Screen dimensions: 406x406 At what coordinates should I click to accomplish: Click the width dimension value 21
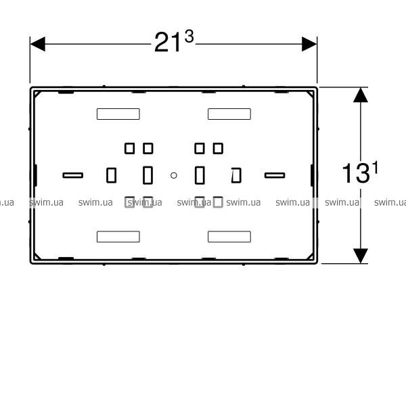coord(167,43)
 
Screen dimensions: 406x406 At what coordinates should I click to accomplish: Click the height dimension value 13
coord(355,173)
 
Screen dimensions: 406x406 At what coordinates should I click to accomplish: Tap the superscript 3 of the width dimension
coord(189,37)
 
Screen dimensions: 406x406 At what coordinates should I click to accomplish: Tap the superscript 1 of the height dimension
coord(376,167)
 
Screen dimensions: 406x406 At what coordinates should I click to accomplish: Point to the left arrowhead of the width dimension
coord(37,44)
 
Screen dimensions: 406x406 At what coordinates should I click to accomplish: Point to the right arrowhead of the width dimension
coord(309,44)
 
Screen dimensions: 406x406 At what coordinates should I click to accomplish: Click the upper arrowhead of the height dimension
coord(361,95)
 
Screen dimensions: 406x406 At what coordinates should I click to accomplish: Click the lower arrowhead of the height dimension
coord(361,256)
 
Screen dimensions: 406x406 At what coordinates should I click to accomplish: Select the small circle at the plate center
coord(174,175)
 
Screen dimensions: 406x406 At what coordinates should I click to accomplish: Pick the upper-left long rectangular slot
coord(118,114)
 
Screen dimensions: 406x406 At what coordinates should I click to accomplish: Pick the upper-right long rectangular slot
coord(229,114)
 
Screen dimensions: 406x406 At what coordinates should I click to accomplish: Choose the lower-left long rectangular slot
coord(118,237)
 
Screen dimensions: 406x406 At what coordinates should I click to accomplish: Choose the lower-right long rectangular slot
coord(229,237)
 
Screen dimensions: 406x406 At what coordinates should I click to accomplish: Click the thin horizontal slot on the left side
coord(73,175)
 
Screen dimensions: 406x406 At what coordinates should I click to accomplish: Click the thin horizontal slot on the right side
coord(275,175)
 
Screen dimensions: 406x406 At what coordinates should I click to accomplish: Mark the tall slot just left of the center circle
coord(148,175)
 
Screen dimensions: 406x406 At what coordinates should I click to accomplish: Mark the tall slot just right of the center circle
coord(200,175)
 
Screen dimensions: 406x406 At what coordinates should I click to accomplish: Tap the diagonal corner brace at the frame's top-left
coord(37,94)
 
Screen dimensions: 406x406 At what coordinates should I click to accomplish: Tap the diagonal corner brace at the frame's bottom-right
coord(310,256)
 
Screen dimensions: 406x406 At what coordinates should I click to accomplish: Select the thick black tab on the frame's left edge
coord(35,175)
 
